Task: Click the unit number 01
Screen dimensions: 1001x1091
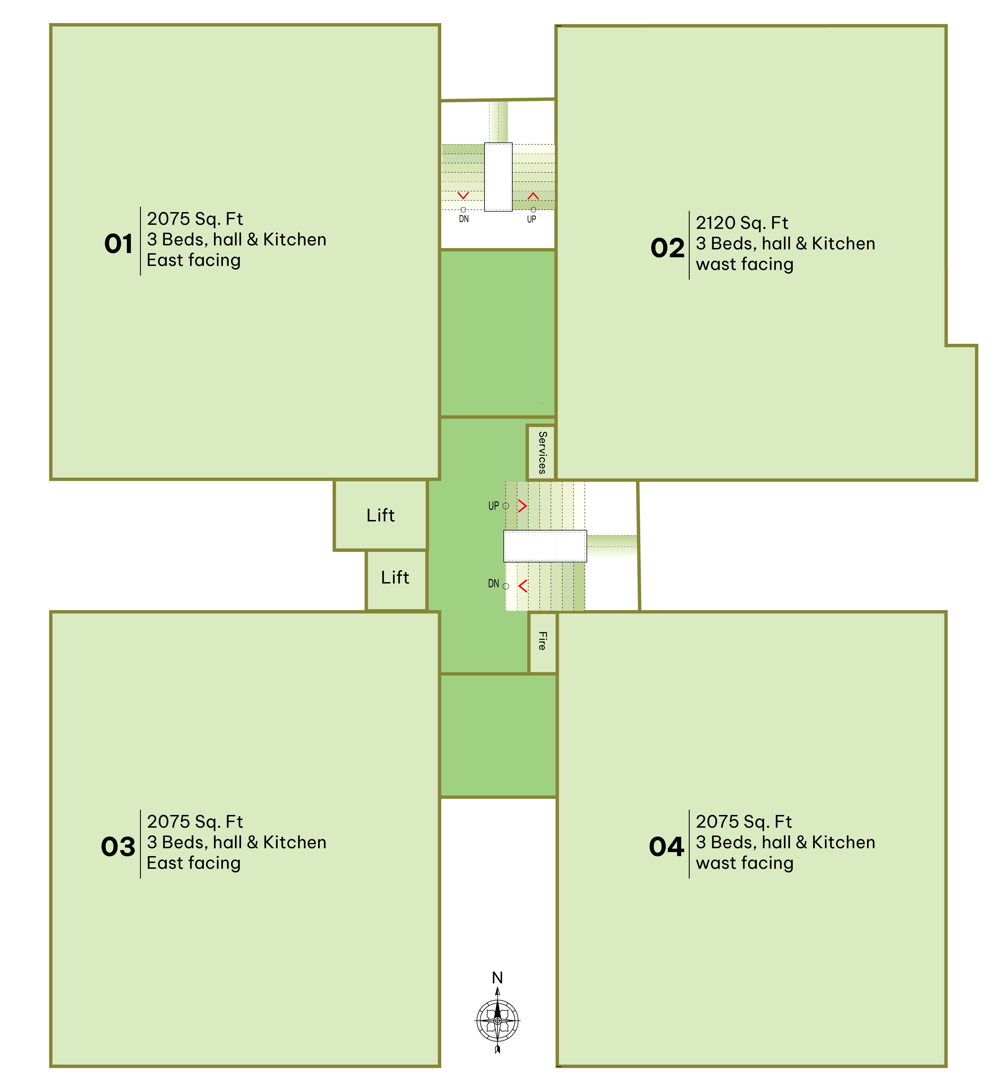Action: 119,244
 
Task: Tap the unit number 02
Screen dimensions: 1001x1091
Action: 668,249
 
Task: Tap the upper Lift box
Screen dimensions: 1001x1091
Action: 381,515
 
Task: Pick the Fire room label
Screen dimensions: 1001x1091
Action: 542,641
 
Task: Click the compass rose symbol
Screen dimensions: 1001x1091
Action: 498,1021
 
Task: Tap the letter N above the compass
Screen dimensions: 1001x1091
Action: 497,977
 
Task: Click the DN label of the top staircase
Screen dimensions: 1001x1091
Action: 464,219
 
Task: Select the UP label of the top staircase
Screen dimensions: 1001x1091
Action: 531,219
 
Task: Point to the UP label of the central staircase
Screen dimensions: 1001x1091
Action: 493,506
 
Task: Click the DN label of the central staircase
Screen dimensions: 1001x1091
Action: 493,584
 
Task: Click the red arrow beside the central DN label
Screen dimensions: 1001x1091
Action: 523,586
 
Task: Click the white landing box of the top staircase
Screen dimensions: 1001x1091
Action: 498,177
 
